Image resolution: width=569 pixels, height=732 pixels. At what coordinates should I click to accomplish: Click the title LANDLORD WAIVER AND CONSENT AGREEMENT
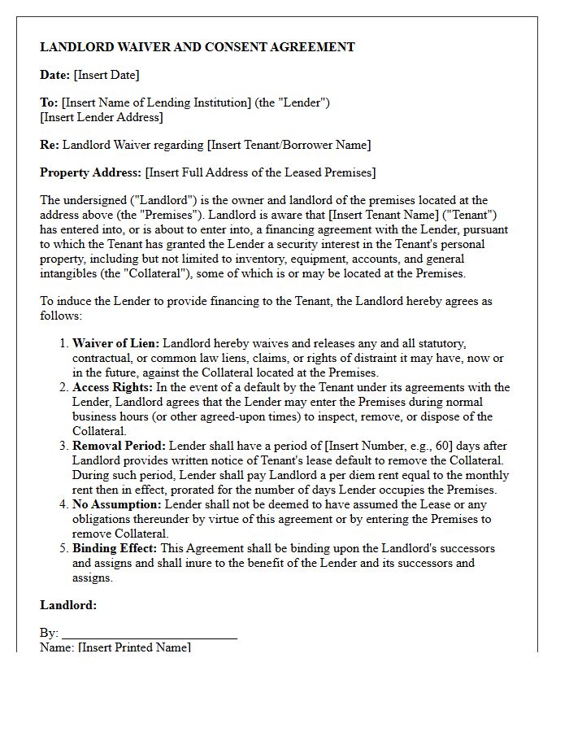[x=198, y=47]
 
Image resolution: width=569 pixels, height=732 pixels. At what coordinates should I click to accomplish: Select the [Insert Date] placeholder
[x=106, y=75]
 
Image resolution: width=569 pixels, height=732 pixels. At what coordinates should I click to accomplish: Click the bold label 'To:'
[x=49, y=102]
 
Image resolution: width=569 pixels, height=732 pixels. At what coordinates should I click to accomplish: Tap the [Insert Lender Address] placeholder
[x=102, y=117]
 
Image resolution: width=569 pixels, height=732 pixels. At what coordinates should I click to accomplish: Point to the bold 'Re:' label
[x=49, y=145]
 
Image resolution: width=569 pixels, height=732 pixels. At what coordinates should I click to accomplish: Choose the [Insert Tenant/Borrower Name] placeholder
[x=289, y=145]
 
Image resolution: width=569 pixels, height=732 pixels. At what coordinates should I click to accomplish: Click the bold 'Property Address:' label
[x=91, y=172]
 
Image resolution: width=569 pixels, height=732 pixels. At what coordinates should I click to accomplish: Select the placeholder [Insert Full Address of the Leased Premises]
[x=260, y=172]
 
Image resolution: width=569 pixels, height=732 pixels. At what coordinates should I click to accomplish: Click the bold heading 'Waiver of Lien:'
[x=115, y=344]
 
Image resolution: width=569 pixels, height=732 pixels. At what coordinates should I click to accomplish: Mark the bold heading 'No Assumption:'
[x=116, y=504]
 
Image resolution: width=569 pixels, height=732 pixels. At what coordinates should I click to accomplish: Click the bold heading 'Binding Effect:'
[x=115, y=548]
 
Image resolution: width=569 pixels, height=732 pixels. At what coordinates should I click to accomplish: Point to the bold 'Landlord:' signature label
[x=68, y=605]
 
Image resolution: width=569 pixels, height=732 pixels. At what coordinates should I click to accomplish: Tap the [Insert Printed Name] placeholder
[x=134, y=647]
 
